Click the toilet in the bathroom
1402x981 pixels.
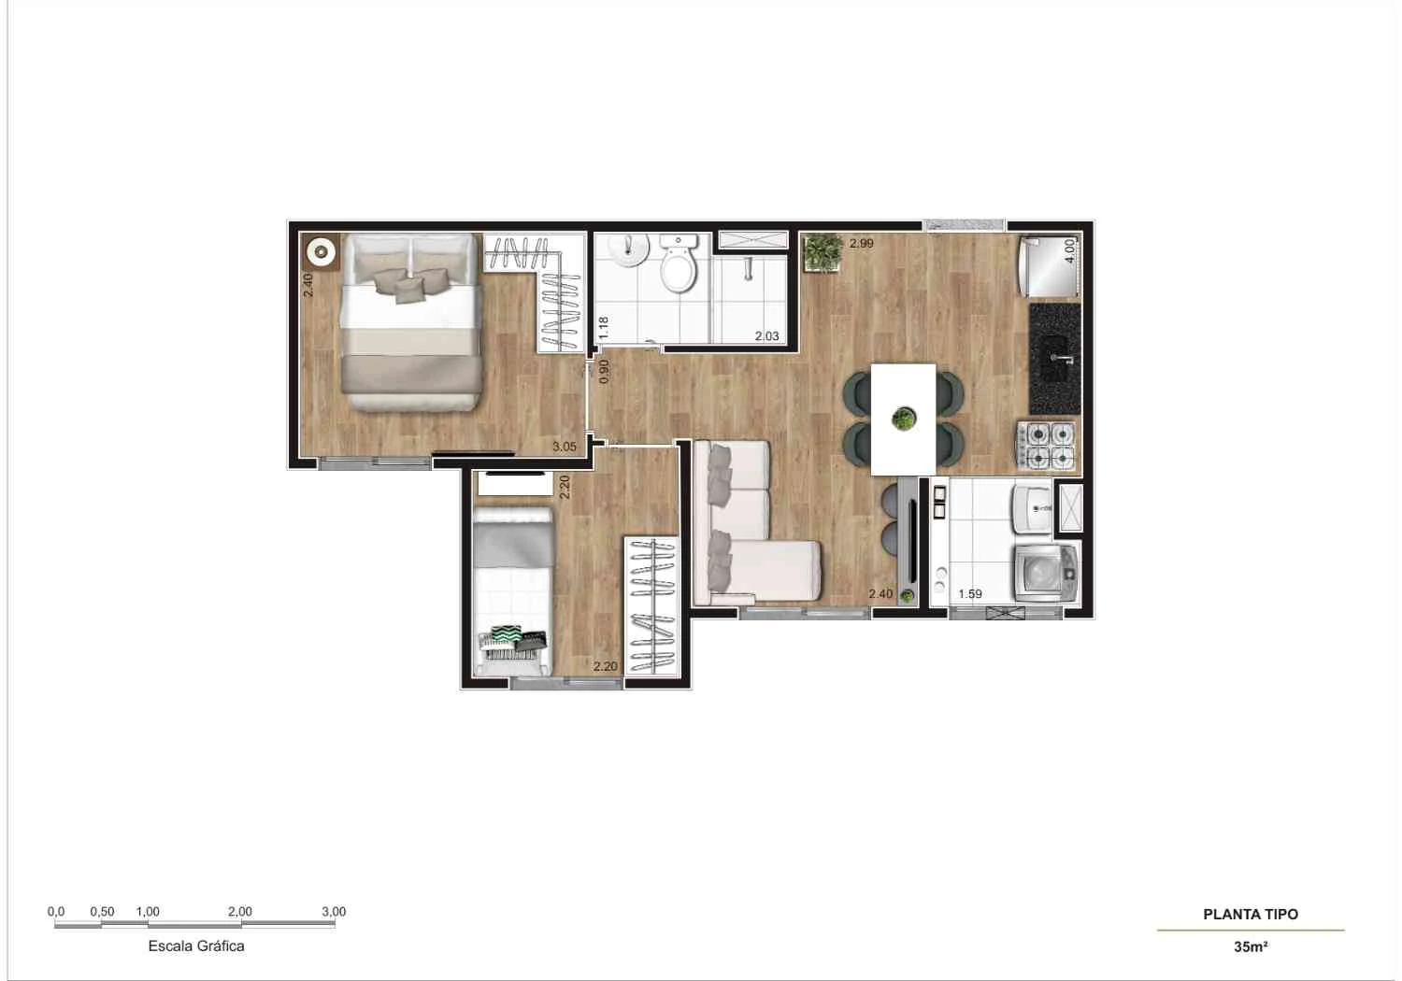click(x=677, y=265)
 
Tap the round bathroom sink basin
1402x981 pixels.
click(x=627, y=249)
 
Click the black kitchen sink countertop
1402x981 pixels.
click(x=1055, y=359)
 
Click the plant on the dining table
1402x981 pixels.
click(x=903, y=419)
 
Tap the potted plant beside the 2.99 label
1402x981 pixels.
click(x=823, y=252)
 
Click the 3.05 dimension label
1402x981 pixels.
click(x=564, y=447)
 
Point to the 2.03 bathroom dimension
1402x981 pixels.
click(x=766, y=336)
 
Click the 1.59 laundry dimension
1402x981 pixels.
click(x=970, y=594)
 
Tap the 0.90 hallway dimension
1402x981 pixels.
click(x=604, y=371)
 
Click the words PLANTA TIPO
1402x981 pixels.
click(x=1250, y=915)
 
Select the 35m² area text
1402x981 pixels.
click(x=1250, y=946)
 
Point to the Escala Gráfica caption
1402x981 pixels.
click(x=196, y=945)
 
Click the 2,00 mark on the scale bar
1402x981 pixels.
click(x=239, y=912)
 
